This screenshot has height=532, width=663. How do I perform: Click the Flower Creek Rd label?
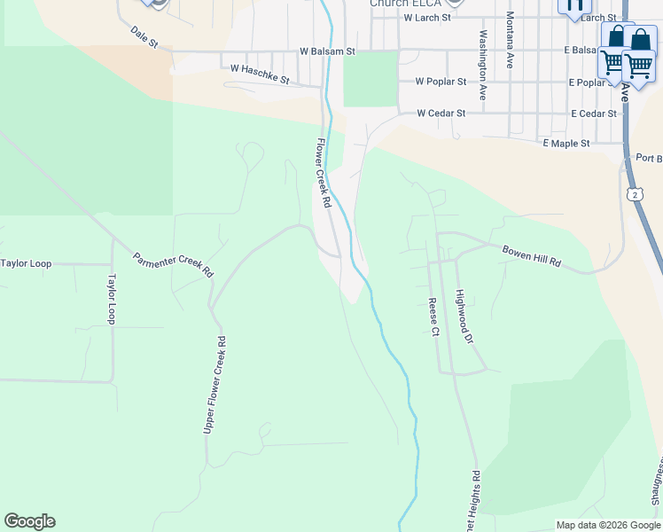click(324, 173)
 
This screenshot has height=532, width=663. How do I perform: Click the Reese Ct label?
click(434, 317)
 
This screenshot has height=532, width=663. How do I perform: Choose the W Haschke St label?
click(260, 73)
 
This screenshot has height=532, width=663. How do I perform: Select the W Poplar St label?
click(441, 82)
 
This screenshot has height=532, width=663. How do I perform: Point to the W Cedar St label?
click(441, 113)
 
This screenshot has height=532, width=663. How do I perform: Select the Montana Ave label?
click(511, 41)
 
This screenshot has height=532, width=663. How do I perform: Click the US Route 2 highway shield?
click(635, 193)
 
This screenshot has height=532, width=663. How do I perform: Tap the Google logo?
click(29, 520)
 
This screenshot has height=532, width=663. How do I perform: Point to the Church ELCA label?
click(405, 4)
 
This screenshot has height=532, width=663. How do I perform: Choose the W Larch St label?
click(427, 17)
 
